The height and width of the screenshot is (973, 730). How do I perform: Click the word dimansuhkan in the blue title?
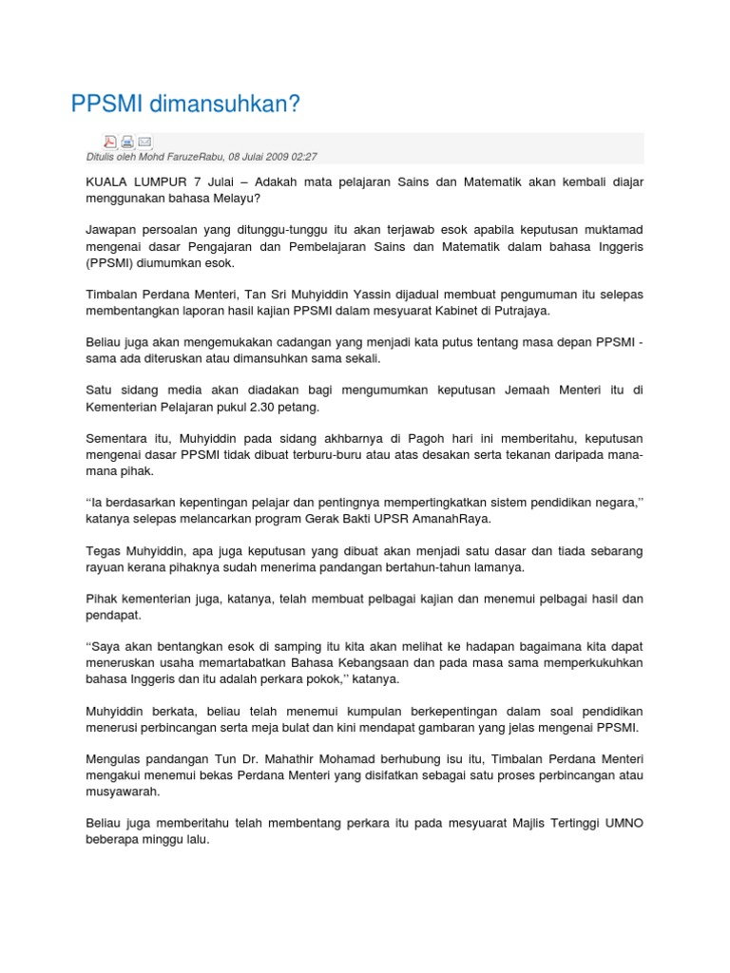point(219,105)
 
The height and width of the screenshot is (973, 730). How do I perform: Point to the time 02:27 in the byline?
point(303,157)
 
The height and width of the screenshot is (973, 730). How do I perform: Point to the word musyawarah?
point(121,792)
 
